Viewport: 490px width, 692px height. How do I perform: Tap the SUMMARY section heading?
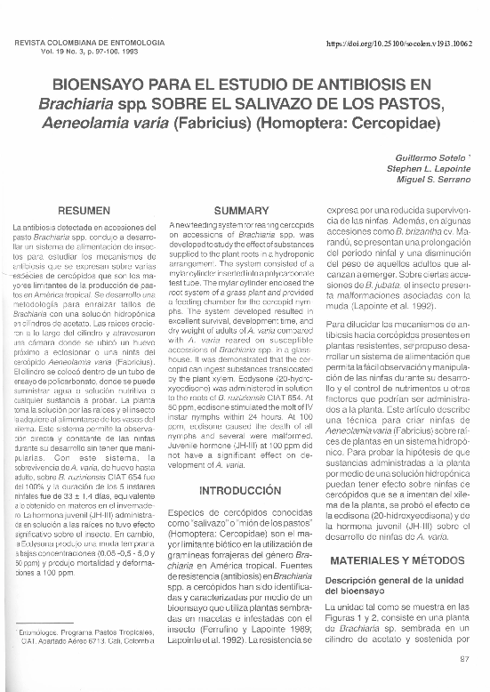[x=241, y=209]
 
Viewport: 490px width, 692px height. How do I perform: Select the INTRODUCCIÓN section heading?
[x=241, y=491]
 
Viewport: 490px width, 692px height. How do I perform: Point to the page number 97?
[x=463, y=659]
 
